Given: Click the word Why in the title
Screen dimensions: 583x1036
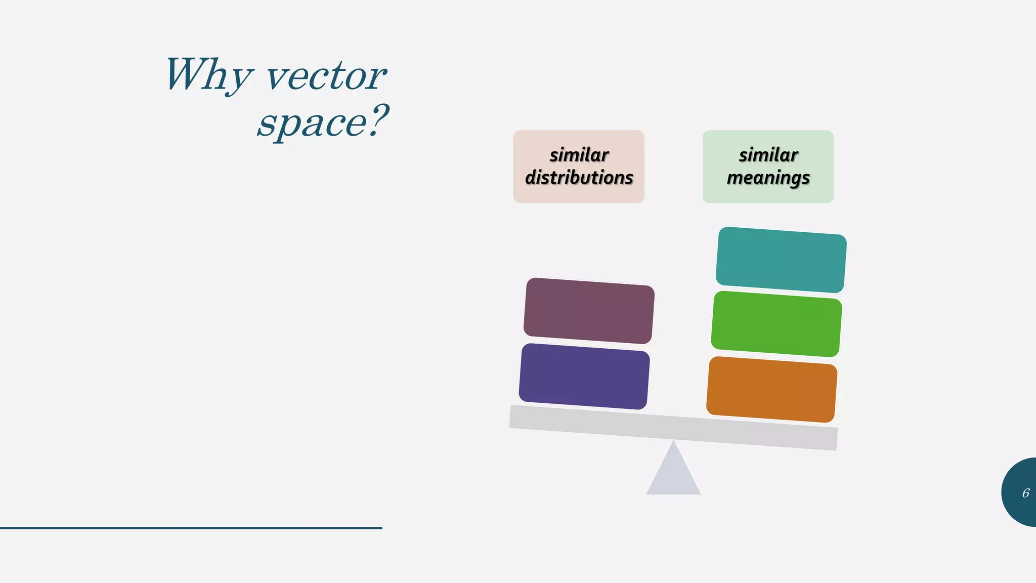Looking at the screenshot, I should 207,75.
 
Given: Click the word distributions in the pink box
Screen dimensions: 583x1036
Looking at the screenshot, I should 579,178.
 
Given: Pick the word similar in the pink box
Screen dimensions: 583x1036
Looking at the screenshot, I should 579,155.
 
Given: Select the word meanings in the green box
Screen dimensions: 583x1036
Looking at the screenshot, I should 768,178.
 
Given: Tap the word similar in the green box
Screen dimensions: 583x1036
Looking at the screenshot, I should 768,155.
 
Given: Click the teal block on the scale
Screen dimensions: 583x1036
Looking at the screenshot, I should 781,260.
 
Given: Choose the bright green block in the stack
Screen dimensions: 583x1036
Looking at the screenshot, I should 776,324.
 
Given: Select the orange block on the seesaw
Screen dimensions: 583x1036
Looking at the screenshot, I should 772,389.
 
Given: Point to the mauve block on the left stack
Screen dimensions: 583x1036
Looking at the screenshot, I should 589,311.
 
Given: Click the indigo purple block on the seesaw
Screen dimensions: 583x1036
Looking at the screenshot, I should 584,376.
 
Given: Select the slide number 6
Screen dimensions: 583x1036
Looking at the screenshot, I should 1025,493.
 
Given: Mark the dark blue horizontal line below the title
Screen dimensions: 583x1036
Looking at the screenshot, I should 191,528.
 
